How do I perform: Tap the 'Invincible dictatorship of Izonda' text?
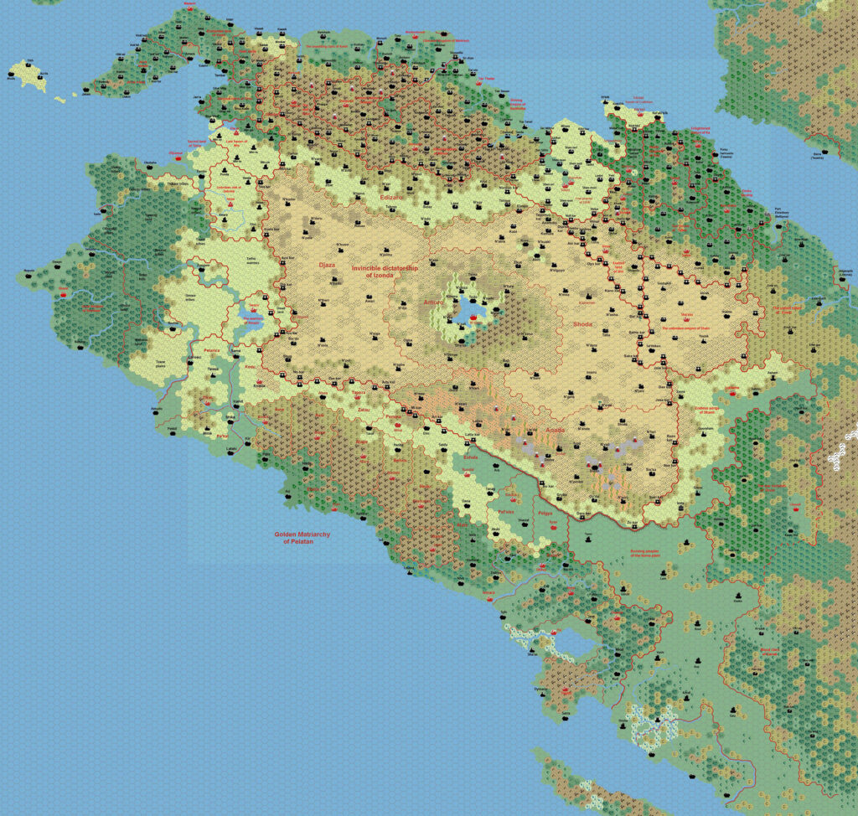[x=385, y=272]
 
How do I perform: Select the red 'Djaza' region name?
[x=326, y=265]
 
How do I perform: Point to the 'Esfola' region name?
[x=471, y=458]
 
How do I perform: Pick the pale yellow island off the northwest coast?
[x=31, y=74]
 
